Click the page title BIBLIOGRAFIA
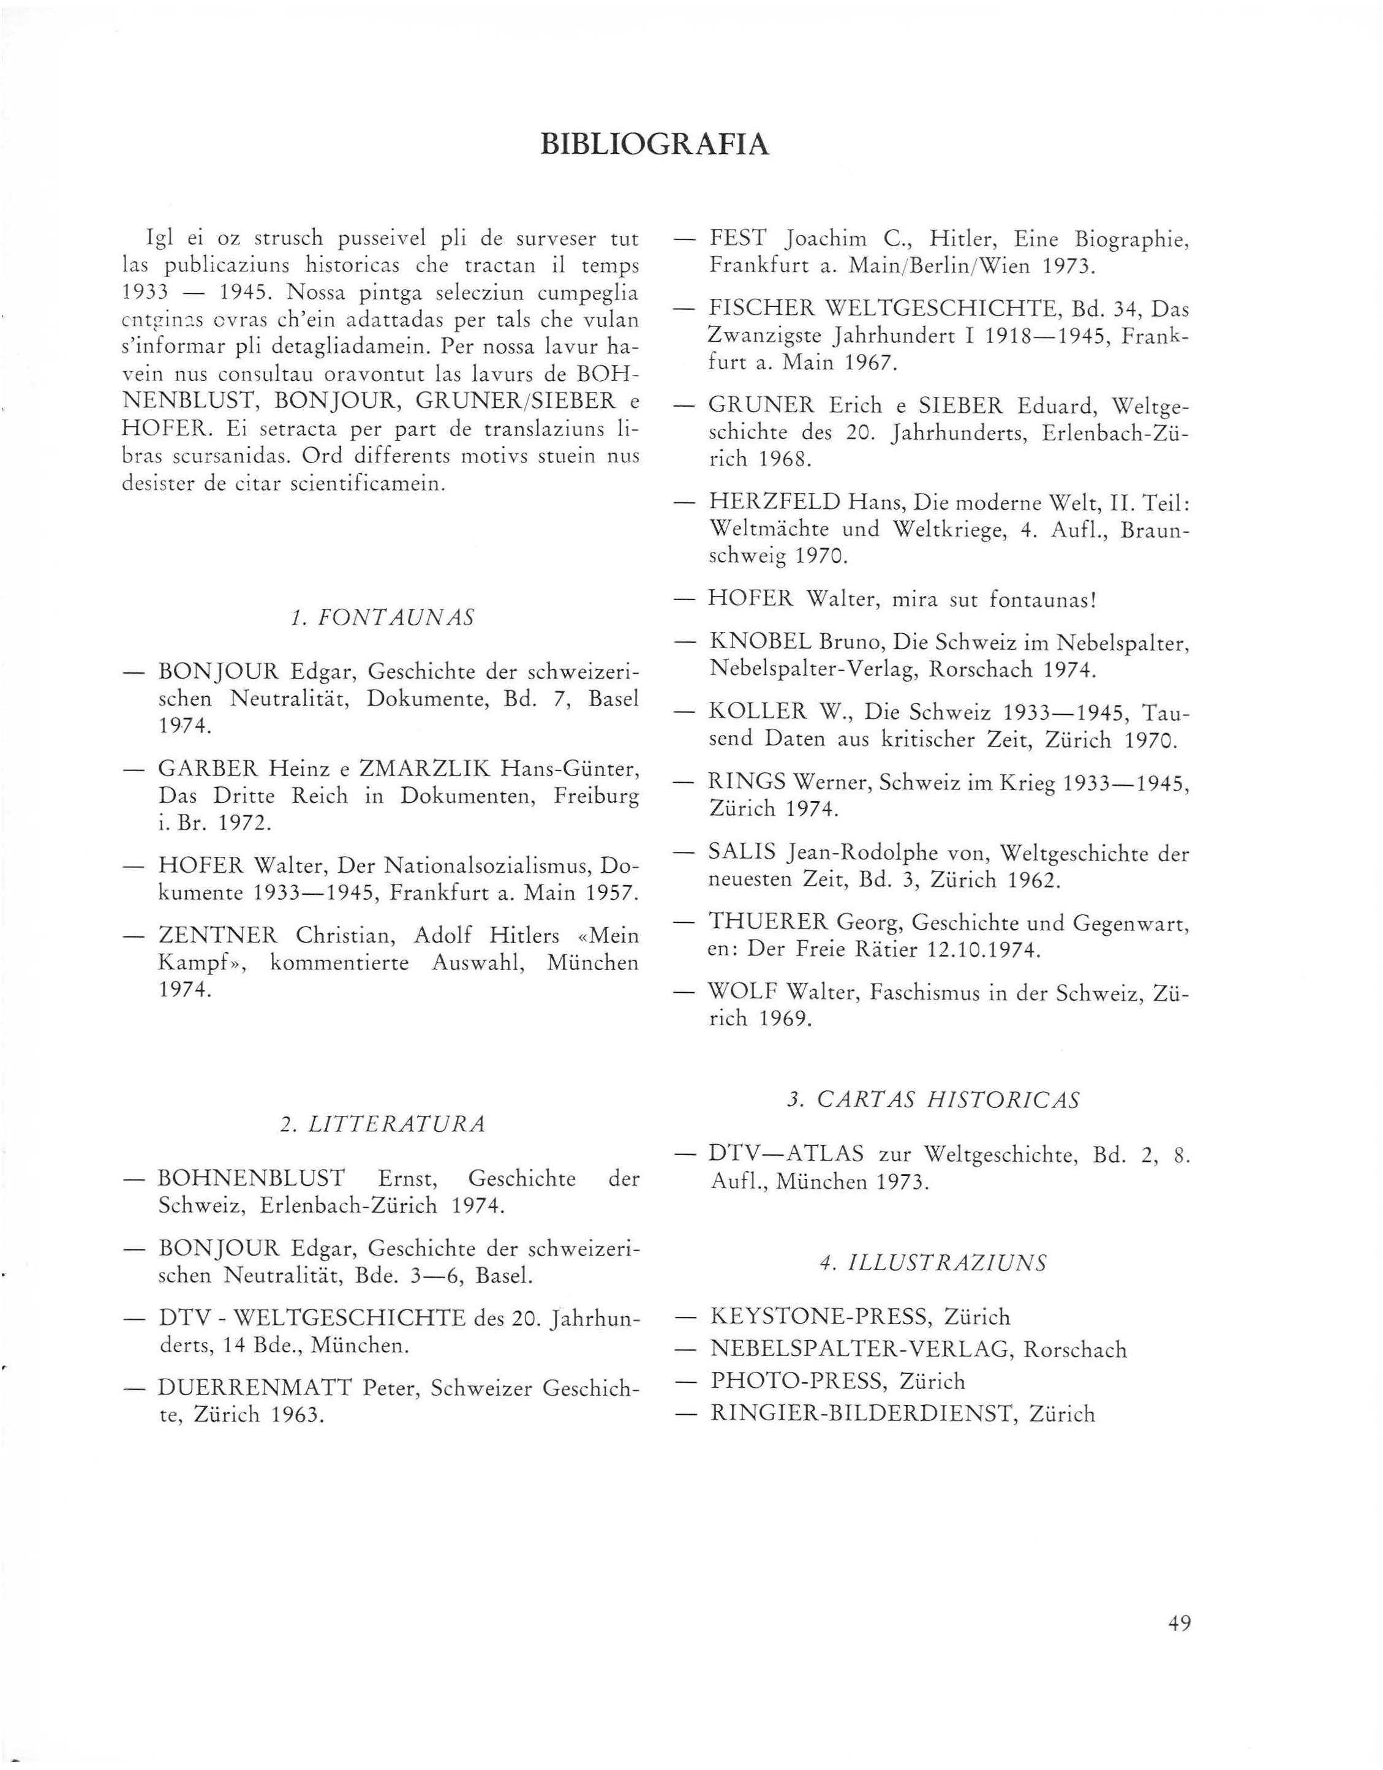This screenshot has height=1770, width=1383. (654, 145)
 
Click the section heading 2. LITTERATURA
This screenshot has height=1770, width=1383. (382, 1124)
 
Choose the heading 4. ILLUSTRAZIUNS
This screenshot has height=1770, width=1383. (933, 1263)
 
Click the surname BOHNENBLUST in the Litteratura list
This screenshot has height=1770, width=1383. (251, 1178)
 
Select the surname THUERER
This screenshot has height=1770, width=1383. (769, 922)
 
